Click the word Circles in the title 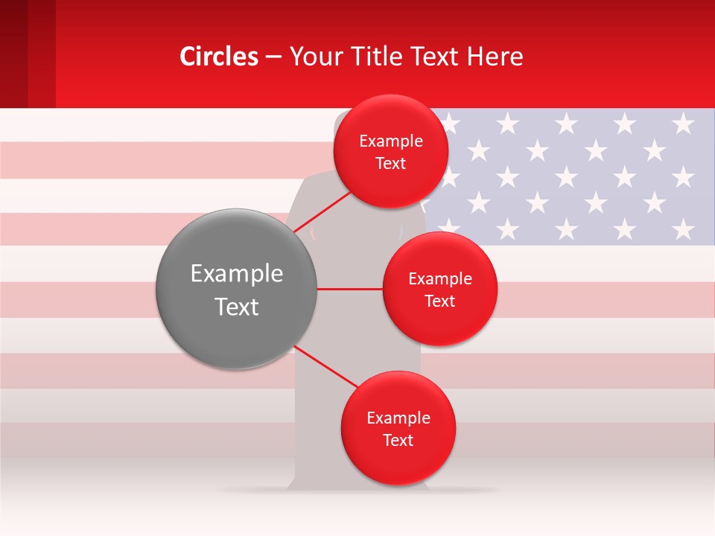[219, 57]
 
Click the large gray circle [237, 289]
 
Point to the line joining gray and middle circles [349, 289]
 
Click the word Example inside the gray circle [237, 274]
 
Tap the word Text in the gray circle [237, 307]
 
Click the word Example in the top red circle [391, 141]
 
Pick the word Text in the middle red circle [439, 301]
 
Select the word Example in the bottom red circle [398, 418]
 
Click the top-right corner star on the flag [683, 124]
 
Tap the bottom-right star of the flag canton [683, 229]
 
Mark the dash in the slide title [273, 57]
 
